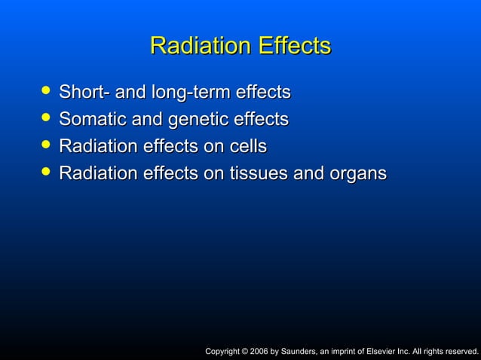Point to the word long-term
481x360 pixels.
[x=191, y=93]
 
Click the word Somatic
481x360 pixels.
[x=90, y=119]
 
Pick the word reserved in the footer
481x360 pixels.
[x=460, y=350]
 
